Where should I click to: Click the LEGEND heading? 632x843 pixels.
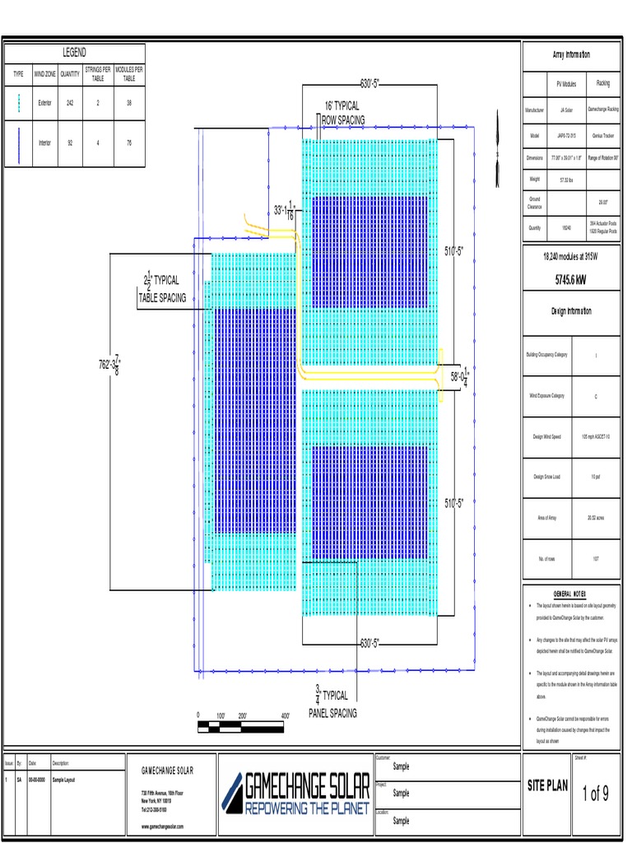click(x=74, y=53)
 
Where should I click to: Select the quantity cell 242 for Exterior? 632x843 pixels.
click(x=70, y=103)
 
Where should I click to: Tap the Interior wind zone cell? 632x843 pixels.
click(x=44, y=142)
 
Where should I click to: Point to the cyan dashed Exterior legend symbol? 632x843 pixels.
click(x=18, y=103)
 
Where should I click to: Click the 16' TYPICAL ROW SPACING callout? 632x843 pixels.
click(x=342, y=114)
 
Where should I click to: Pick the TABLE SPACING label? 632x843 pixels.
click(x=162, y=297)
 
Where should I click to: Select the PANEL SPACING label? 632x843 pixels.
click(x=332, y=713)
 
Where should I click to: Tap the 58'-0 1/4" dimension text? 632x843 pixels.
click(x=459, y=376)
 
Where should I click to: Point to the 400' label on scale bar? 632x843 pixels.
click(x=284, y=715)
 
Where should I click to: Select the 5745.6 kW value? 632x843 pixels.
click(x=571, y=279)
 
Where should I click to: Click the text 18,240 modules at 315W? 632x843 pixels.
click(x=571, y=257)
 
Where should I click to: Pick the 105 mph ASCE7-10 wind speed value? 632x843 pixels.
click(x=596, y=436)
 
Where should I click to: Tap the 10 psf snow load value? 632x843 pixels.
click(x=596, y=477)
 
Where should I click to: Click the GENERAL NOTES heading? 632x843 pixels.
click(x=570, y=594)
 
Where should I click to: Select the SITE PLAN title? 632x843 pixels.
click(x=548, y=786)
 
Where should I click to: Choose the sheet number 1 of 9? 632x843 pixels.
click(x=596, y=794)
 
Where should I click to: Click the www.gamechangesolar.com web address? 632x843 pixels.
click(x=162, y=826)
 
